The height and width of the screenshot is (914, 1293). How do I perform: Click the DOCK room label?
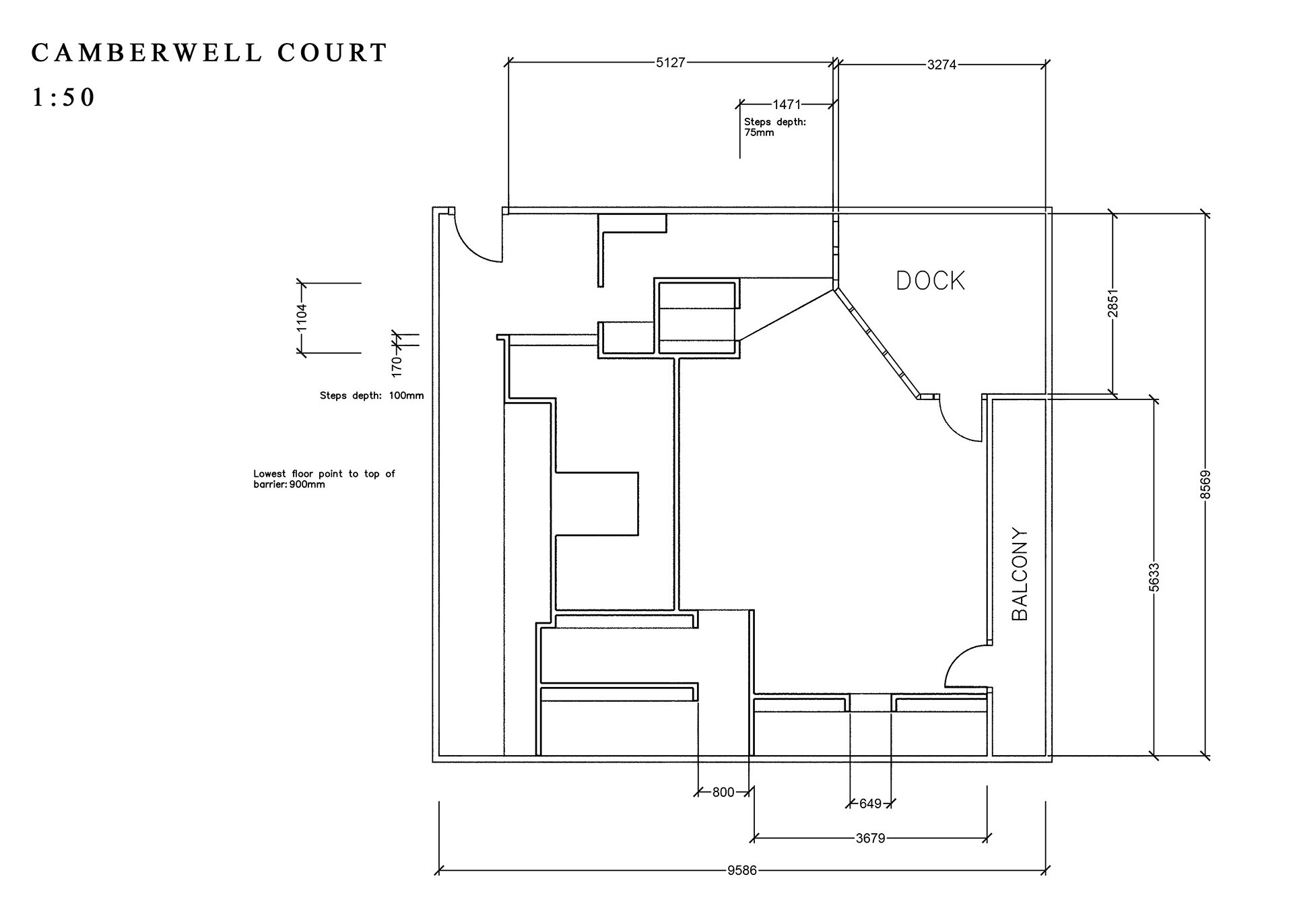click(930, 280)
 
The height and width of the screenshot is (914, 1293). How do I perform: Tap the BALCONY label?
click(1020, 574)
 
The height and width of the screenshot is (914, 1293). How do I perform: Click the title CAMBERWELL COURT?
click(209, 53)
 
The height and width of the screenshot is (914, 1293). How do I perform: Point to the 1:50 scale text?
click(63, 98)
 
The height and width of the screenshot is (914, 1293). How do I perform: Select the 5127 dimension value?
click(670, 63)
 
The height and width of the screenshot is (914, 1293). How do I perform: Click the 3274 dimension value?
click(941, 65)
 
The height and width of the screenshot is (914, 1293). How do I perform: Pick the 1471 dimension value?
click(787, 104)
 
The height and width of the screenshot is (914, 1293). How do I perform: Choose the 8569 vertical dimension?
click(1205, 484)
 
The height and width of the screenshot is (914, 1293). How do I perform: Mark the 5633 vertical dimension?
click(1154, 577)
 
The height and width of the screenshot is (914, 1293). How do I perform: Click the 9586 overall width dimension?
click(741, 870)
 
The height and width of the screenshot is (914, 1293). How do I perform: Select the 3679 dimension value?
click(870, 839)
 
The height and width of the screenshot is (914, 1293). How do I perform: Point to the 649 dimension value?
click(870, 804)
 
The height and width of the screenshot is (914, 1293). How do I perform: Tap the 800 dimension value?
click(723, 792)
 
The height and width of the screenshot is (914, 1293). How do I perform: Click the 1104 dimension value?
click(301, 318)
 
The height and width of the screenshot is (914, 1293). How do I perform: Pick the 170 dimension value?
click(397, 366)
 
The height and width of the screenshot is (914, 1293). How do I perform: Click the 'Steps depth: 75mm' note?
click(774, 127)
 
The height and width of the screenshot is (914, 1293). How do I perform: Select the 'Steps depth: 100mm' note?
click(372, 395)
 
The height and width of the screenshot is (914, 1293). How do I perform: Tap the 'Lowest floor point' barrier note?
click(324, 479)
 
